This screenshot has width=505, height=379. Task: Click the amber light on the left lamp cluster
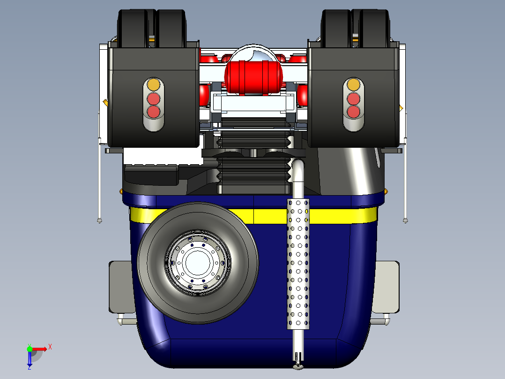(153, 85)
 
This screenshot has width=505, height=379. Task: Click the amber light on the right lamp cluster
(353, 85)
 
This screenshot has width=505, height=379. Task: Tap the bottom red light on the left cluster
(153, 112)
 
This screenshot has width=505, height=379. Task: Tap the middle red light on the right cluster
(353, 99)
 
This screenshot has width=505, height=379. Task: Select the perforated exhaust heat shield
(298, 263)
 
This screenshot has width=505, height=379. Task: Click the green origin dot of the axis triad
(30, 349)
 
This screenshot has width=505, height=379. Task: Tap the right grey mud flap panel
(386, 287)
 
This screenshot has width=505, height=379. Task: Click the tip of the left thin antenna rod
(99, 220)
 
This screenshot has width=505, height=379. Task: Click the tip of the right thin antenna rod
(405, 220)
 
